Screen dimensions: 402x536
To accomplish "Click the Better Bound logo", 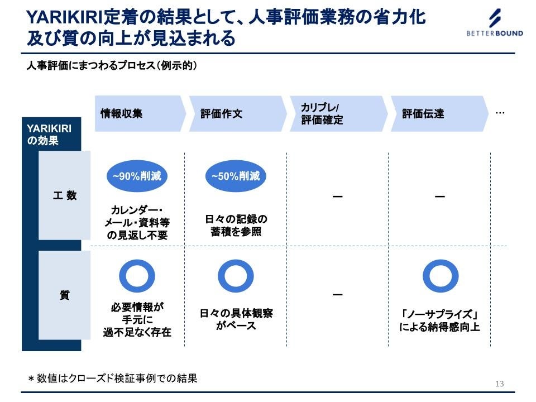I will (x=495, y=23).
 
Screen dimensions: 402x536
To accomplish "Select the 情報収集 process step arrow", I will (x=140, y=113).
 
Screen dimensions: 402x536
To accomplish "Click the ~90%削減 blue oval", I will (x=137, y=176).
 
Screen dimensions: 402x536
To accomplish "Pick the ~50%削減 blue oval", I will (x=236, y=176).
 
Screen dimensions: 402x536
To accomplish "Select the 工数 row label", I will (x=65, y=196).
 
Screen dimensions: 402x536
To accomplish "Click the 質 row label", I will (x=65, y=295).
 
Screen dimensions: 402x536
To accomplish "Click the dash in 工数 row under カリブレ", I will (x=337, y=197).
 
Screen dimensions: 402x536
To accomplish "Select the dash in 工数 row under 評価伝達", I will (x=440, y=197).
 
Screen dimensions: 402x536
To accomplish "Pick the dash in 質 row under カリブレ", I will (x=337, y=295).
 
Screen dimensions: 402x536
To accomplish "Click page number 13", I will (x=499, y=384).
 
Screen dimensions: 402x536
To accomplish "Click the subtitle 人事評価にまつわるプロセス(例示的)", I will (x=112, y=66).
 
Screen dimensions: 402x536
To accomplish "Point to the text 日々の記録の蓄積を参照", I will (x=236, y=225).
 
